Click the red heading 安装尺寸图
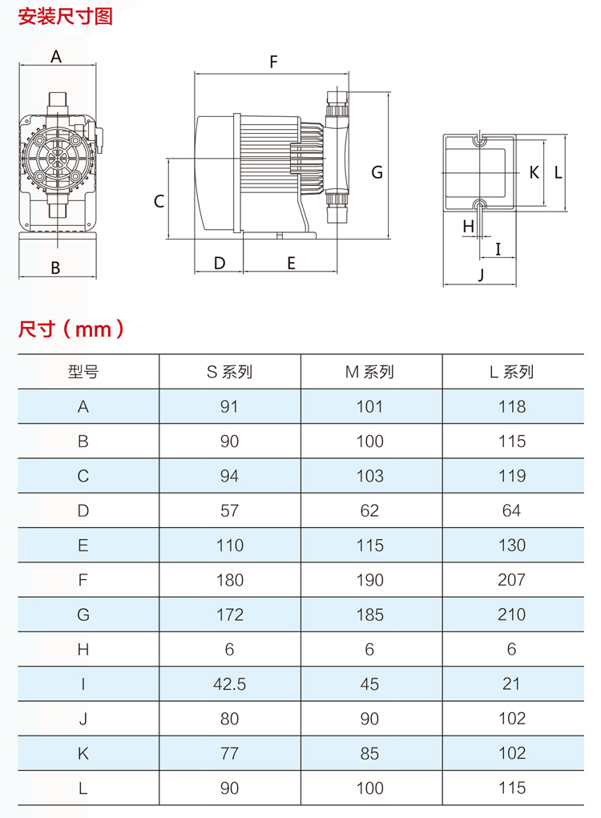pyautogui.click(x=65, y=16)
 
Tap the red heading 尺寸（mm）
pyautogui.click(x=71, y=329)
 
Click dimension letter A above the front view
pyautogui.click(x=56, y=56)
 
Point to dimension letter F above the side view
pyautogui.click(x=273, y=62)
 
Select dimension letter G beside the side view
pyautogui.click(x=377, y=172)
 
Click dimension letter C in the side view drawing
pyautogui.click(x=159, y=201)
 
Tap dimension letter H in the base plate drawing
pyautogui.click(x=469, y=227)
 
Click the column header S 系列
pyautogui.click(x=229, y=372)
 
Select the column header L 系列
pyautogui.click(x=512, y=372)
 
